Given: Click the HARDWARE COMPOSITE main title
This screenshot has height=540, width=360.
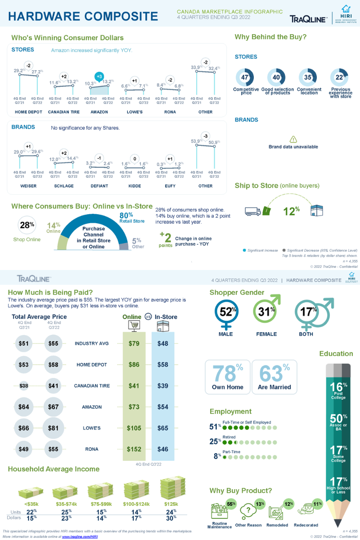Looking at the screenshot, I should tap(83, 17).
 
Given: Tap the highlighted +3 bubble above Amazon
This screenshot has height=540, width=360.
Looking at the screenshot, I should tap(100, 76).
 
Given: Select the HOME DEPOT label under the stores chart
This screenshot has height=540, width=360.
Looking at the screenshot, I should tap(28, 112).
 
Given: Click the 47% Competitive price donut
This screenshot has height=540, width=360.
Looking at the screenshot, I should tap(246, 77).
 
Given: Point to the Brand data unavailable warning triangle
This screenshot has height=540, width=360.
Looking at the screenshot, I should tap(293, 139).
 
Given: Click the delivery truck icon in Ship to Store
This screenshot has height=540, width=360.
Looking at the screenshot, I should tap(253, 211).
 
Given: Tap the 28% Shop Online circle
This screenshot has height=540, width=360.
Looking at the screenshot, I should tap(27, 225).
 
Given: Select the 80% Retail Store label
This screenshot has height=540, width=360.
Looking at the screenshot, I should tap(131, 218).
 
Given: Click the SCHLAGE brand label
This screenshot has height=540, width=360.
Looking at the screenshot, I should tap(64, 186).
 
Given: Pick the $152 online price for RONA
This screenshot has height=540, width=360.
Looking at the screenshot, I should tap(134, 449).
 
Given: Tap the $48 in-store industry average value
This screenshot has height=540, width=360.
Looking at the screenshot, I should tap(163, 343).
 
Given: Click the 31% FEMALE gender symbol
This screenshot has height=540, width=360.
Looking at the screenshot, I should tap(265, 312).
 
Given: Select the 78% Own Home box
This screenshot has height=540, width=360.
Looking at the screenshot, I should tap(227, 377).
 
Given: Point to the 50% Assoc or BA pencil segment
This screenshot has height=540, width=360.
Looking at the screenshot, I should tap(338, 422).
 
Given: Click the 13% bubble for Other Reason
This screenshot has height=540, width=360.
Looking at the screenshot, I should tap(260, 504).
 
